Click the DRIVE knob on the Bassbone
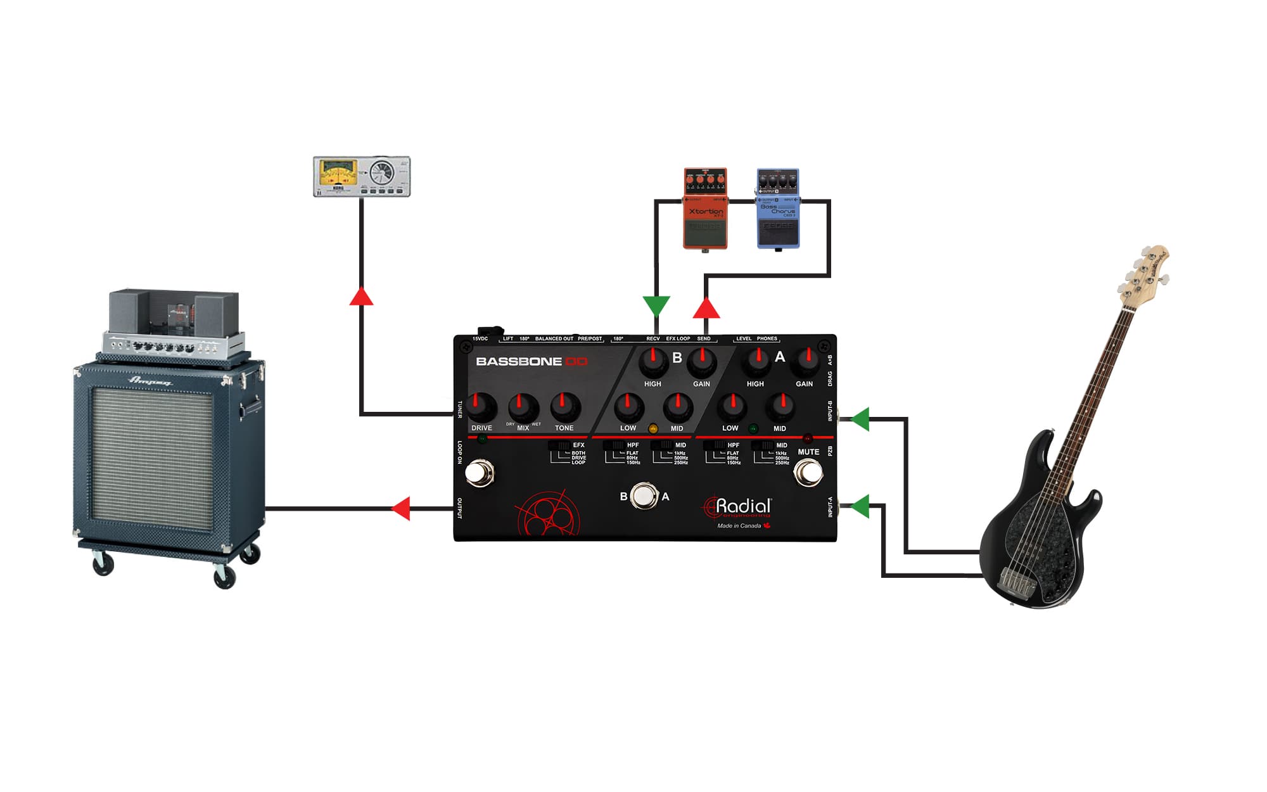[481, 407]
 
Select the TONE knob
[565, 407]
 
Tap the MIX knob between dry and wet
[523, 407]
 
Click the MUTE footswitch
[808, 472]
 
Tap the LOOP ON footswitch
[480, 473]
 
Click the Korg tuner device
[362, 176]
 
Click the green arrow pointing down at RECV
[656, 305]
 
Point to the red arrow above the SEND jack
[706, 309]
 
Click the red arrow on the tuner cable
[361, 297]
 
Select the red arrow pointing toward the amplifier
[402, 508]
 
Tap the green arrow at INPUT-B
[860, 419]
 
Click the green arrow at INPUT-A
[860, 506]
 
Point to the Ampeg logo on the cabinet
[150, 381]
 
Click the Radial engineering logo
[739, 507]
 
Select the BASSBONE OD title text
[532, 362]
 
